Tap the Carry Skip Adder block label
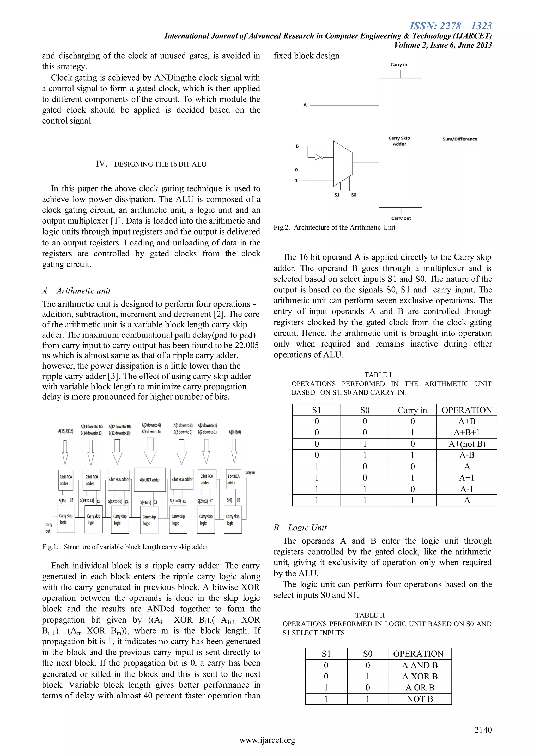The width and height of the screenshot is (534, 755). [399, 141]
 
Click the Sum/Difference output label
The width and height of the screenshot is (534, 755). [459, 139]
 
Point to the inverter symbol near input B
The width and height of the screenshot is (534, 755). [318, 157]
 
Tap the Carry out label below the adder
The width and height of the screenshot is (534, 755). [401, 218]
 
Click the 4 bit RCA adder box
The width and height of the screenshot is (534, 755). [150, 480]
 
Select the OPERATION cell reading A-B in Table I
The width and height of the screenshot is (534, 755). [466, 455]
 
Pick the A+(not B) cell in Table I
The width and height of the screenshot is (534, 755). [466, 444]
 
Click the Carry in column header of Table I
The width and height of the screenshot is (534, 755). [412, 410]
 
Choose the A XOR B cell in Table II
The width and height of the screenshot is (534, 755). [420, 676]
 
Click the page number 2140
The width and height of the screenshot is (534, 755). [483, 730]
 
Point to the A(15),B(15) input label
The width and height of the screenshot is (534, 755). [66, 431]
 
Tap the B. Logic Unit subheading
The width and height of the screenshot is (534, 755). [300, 528]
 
